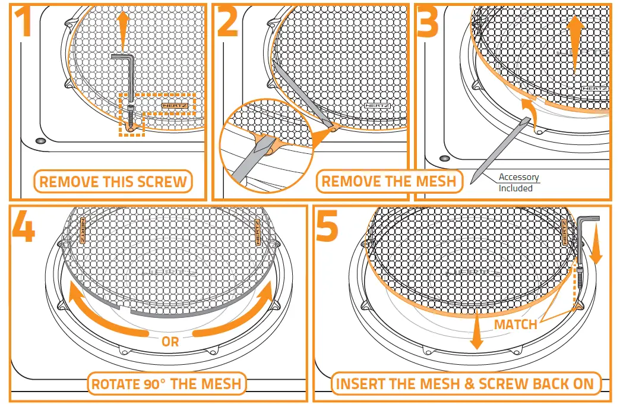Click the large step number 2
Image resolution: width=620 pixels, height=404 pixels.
click(227, 22)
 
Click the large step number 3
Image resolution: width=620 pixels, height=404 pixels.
click(428, 22)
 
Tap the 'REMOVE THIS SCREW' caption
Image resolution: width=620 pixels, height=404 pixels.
click(113, 181)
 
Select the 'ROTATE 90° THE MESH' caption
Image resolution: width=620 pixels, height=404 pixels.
click(166, 383)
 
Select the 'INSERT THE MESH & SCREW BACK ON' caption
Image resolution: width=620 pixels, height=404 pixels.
click(465, 383)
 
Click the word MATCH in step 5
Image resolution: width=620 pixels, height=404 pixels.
click(516, 324)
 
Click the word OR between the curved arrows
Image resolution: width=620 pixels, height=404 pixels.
click(170, 342)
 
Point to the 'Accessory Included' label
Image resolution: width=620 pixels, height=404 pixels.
click(518, 182)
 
